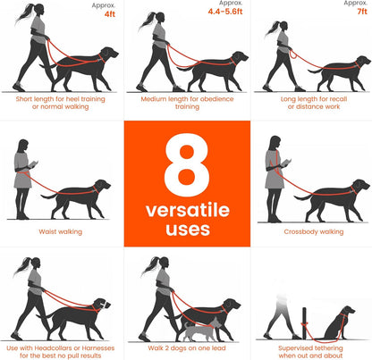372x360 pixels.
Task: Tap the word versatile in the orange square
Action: point(186,211)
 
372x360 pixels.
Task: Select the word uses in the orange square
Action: point(186,230)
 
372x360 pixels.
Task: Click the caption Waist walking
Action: point(61,230)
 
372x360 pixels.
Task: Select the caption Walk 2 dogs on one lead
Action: point(186,347)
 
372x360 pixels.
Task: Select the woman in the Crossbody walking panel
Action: point(275,176)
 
